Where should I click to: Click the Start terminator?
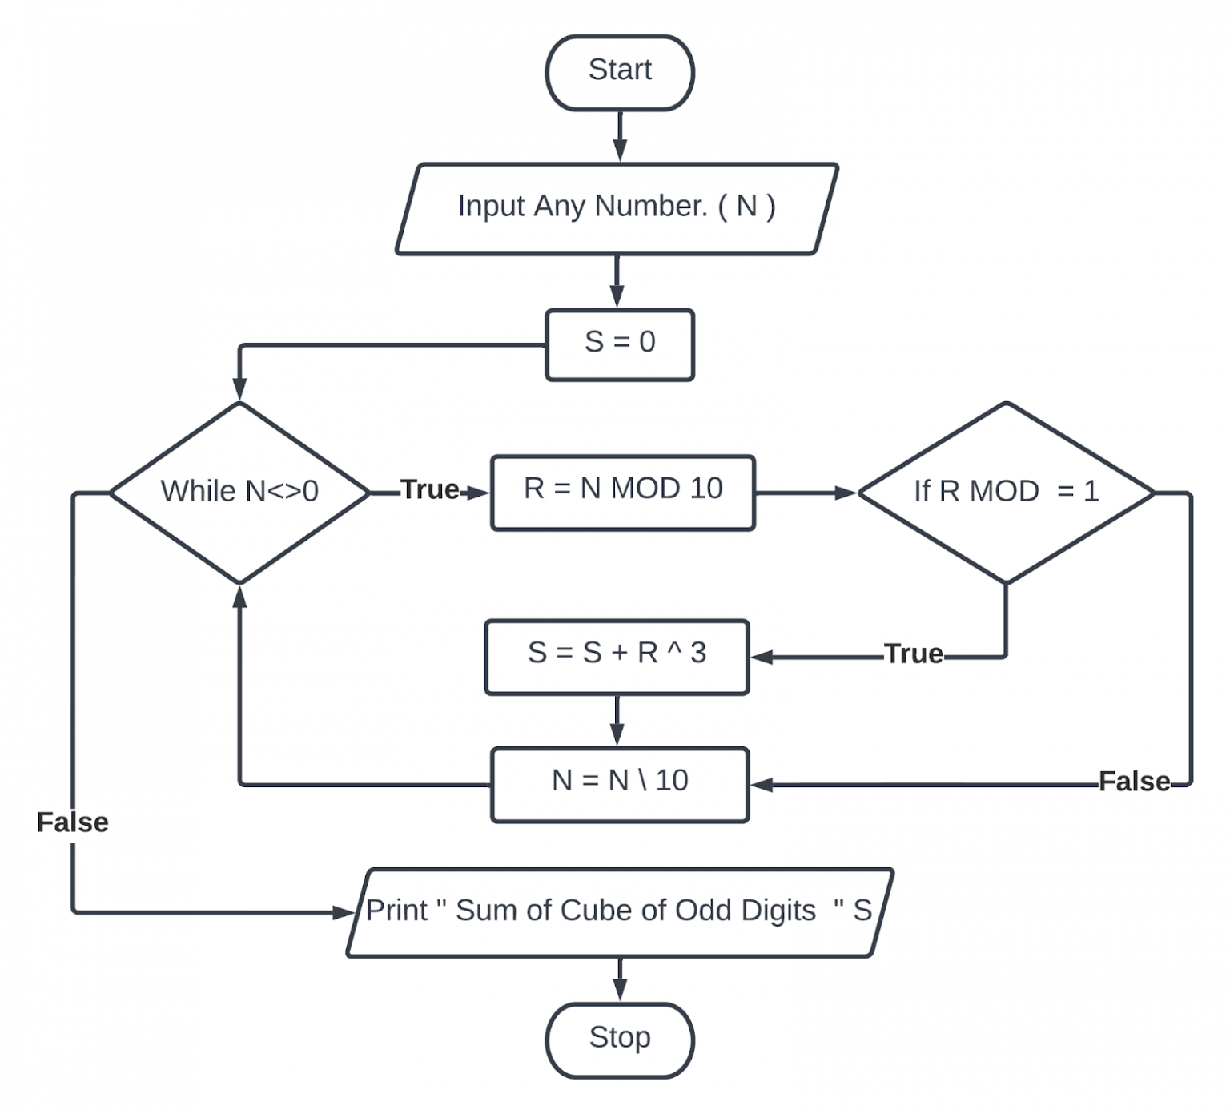click(x=619, y=72)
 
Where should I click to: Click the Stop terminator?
click(x=619, y=1040)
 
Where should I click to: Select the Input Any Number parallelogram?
click(x=616, y=208)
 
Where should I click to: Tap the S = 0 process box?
click(x=619, y=344)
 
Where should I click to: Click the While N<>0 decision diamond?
click(x=239, y=492)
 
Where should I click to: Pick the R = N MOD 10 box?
click(x=622, y=492)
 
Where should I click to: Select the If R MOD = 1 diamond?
click(x=1005, y=492)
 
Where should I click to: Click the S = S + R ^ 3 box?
click(x=617, y=656)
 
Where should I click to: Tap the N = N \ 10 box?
click(x=619, y=783)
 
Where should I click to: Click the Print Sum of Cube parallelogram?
click(x=619, y=912)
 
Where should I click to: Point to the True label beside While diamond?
click(x=430, y=490)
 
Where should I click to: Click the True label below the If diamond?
click(x=913, y=654)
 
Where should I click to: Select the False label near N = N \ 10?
click(x=1133, y=782)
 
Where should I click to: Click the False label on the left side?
click(x=73, y=822)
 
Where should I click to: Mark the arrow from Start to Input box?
click(x=619, y=137)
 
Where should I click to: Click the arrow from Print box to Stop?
click(x=619, y=979)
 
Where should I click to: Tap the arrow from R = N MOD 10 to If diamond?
click(x=805, y=493)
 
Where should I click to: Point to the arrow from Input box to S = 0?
click(x=617, y=281)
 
